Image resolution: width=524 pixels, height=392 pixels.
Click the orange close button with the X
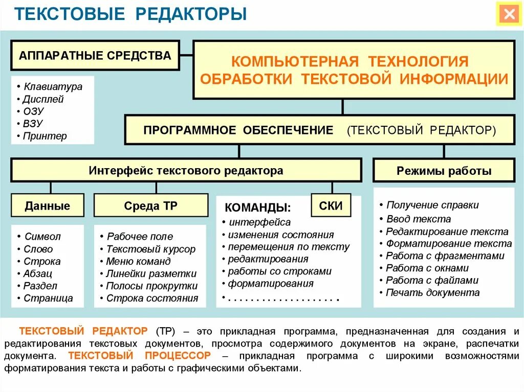click(x=509, y=14)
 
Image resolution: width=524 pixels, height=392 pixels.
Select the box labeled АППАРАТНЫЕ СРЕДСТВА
click(x=95, y=56)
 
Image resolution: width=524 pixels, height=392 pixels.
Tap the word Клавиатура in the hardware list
click(x=53, y=86)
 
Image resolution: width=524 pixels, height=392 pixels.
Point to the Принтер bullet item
click(x=45, y=136)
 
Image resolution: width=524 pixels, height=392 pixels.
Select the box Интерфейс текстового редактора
click(x=186, y=171)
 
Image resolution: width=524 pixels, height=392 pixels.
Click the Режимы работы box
click(x=444, y=171)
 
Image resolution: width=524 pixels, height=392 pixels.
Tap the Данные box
click(x=47, y=206)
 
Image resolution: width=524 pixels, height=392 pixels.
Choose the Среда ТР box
click(x=150, y=206)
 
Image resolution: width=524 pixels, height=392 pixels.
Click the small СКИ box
click(x=331, y=205)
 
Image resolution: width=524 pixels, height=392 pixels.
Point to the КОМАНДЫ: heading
click(x=258, y=208)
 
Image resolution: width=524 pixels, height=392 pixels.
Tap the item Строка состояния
click(x=152, y=298)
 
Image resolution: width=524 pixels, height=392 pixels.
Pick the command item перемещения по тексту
click(x=289, y=247)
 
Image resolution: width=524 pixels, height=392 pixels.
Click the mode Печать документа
click(x=432, y=293)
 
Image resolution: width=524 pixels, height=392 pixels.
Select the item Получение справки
click(x=432, y=205)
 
